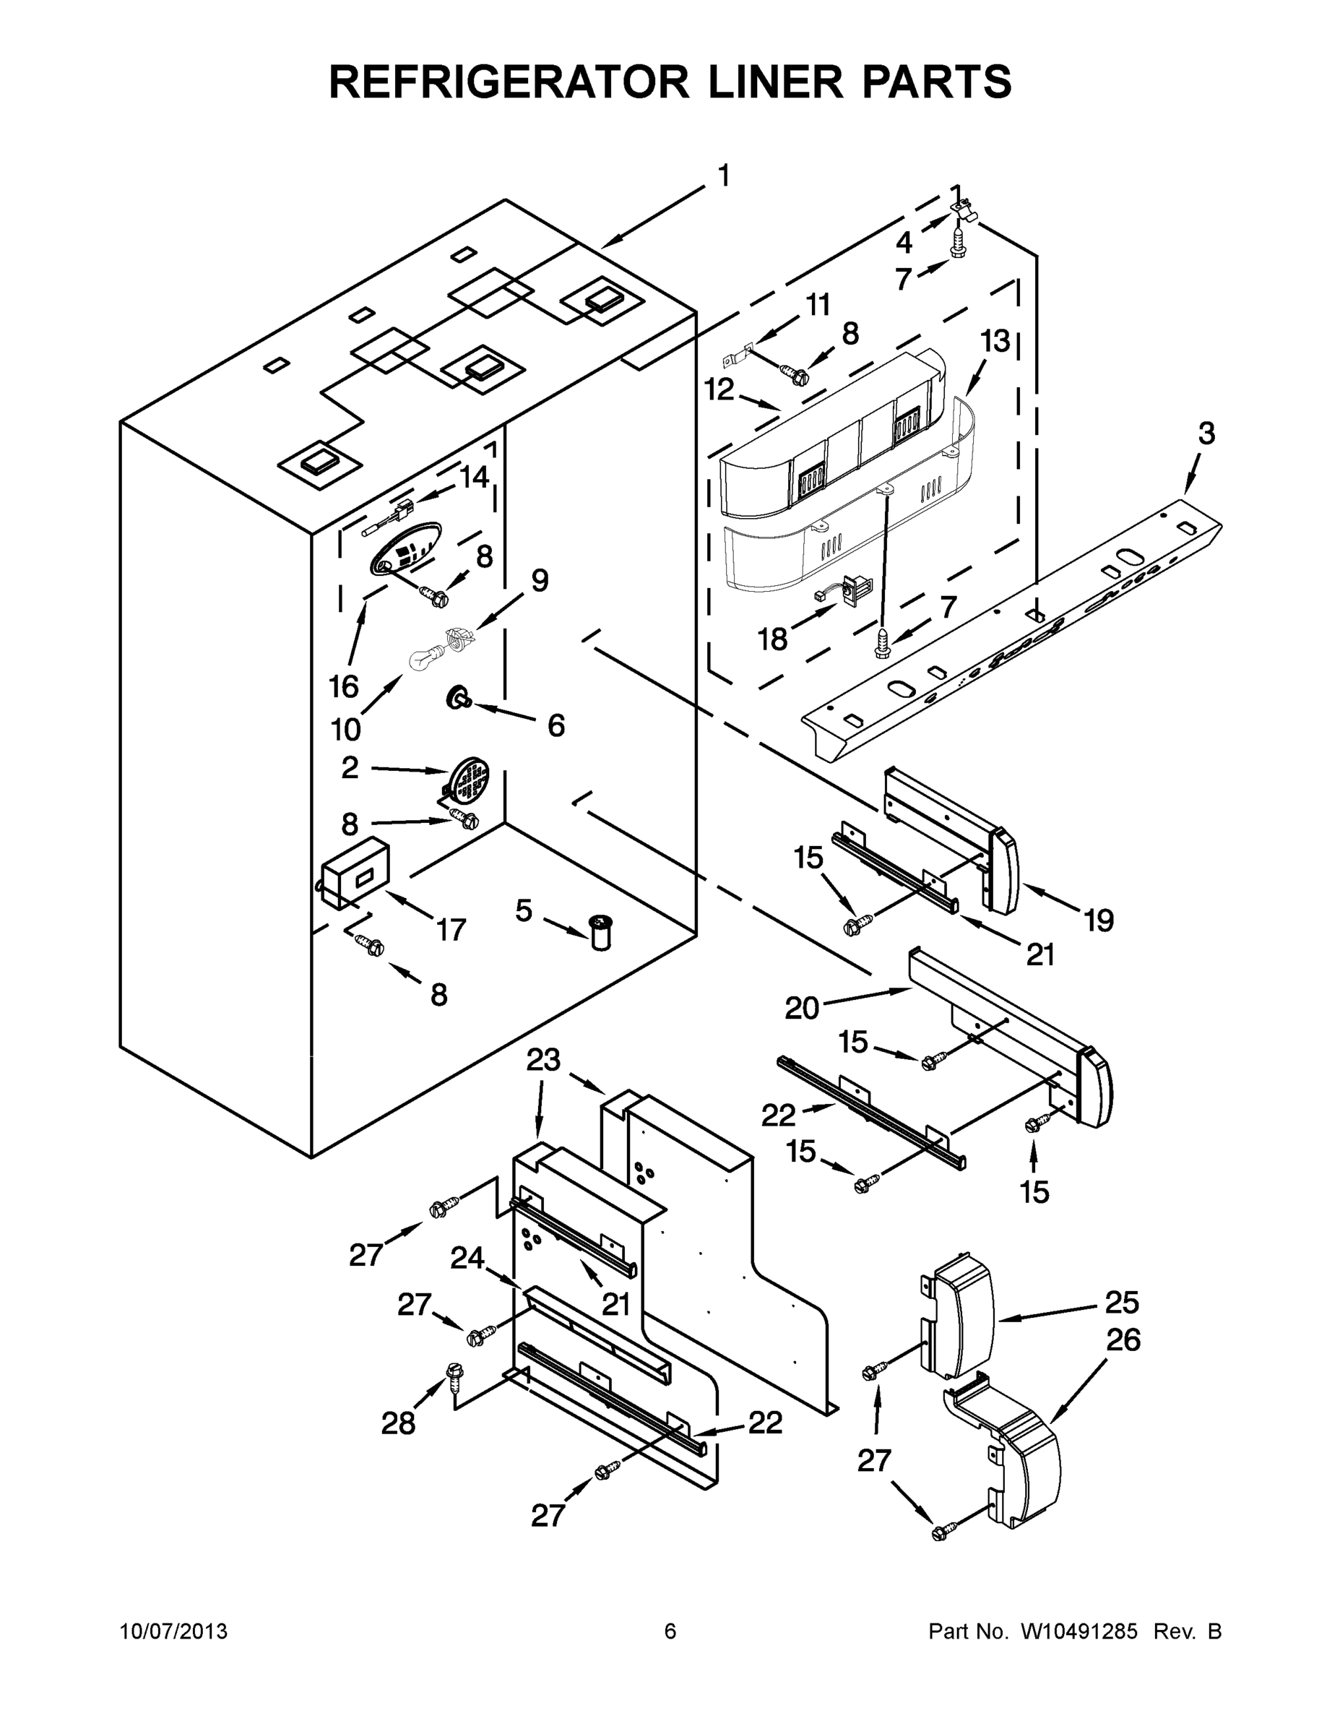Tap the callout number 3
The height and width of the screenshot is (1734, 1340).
point(1205,433)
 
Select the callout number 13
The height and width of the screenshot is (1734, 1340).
point(995,342)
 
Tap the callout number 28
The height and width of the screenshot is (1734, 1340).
point(398,1423)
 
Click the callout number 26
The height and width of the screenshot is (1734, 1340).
point(1123,1340)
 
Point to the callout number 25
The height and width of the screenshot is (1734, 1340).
point(1122,1302)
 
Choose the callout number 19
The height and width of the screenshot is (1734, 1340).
point(1099,920)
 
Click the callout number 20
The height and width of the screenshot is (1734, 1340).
point(802,1009)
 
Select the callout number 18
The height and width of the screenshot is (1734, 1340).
point(772,639)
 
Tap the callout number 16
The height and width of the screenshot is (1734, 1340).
point(344,687)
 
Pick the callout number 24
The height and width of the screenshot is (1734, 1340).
point(467,1258)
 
